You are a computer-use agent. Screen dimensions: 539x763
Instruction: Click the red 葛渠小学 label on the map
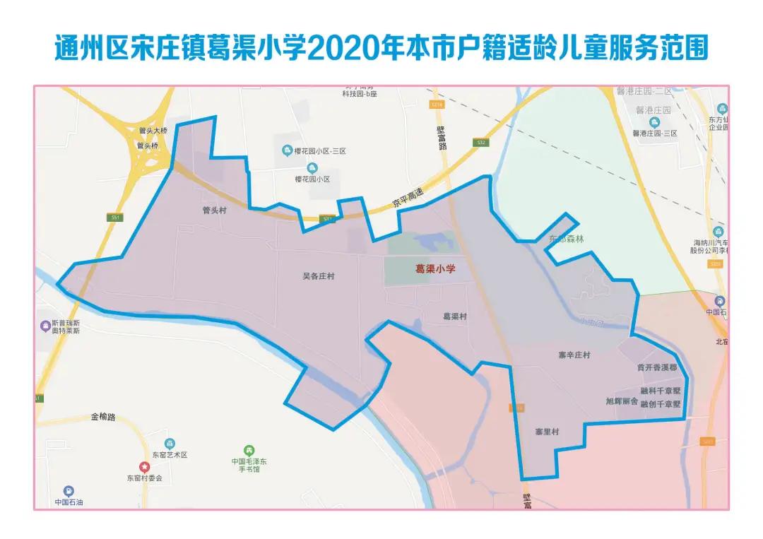(434, 269)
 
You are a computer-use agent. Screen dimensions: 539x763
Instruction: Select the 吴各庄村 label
(319, 276)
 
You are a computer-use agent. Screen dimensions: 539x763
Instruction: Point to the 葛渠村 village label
(454, 316)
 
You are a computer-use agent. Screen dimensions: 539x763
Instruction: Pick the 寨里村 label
(547, 432)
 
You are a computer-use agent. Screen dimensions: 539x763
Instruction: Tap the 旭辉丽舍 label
(622, 401)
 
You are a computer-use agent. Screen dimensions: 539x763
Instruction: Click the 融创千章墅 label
(660, 404)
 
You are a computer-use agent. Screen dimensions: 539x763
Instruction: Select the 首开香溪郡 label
(657, 368)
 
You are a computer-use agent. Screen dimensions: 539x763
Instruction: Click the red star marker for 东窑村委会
(144, 467)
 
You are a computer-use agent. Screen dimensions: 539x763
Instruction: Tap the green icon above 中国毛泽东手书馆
(249, 450)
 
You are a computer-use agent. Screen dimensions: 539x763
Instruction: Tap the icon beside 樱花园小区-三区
(287, 150)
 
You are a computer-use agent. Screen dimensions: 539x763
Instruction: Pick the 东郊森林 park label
(567, 239)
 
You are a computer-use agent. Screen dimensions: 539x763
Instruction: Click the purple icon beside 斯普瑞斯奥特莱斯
(47, 326)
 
